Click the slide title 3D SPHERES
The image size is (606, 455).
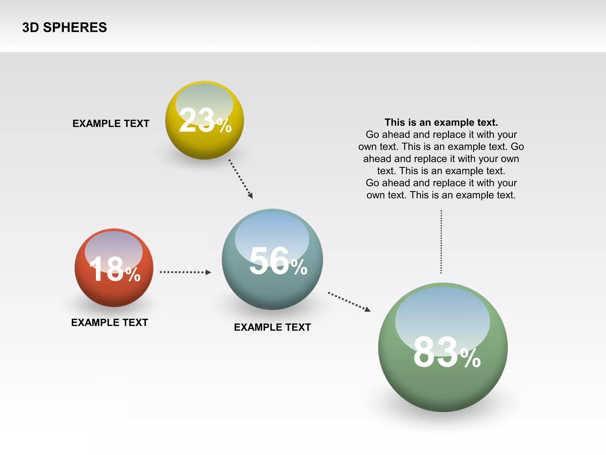(x=65, y=28)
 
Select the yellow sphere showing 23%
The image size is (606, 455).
(x=204, y=142)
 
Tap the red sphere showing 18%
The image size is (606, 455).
(x=114, y=293)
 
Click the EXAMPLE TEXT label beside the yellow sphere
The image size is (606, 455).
(x=111, y=124)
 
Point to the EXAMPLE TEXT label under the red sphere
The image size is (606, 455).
(x=109, y=323)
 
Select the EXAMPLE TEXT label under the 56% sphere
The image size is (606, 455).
(x=272, y=327)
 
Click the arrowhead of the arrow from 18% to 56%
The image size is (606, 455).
(x=209, y=272)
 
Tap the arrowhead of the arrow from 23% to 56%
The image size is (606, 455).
(x=251, y=196)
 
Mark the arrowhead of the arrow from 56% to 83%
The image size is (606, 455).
(x=368, y=310)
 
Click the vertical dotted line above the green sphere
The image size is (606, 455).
(x=441, y=241)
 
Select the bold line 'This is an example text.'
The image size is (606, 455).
(x=441, y=122)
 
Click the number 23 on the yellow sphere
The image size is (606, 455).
(x=196, y=120)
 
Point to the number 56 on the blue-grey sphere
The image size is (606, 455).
(x=269, y=261)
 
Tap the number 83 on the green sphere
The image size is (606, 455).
(x=436, y=353)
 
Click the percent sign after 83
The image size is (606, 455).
(x=470, y=358)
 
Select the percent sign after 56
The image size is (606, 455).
(x=299, y=267)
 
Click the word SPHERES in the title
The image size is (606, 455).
(x=75, y=28)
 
